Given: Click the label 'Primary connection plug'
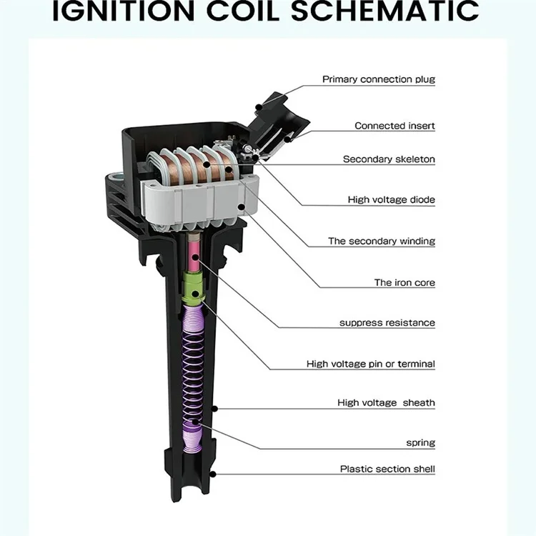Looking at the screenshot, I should (x=378, y=79).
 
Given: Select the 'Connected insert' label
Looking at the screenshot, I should (x=394, y=126).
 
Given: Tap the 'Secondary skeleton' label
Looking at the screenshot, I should (x=389, y=159).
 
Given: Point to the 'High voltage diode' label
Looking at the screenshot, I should (x=391, y=200).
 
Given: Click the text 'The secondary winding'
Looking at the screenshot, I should (x=381, y=242).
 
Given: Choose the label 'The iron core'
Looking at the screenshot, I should (x=405, y=282).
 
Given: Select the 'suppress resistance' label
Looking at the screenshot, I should (x=387, y=323).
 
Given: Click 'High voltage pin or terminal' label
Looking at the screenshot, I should (x=370, y=364).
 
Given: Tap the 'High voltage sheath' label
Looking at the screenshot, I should (x=386, y=403).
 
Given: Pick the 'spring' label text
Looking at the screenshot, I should (x=420, y=443).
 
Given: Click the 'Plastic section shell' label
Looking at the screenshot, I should (x=387, y=470).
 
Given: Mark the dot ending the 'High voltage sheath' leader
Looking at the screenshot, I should (x=216, y=410).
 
